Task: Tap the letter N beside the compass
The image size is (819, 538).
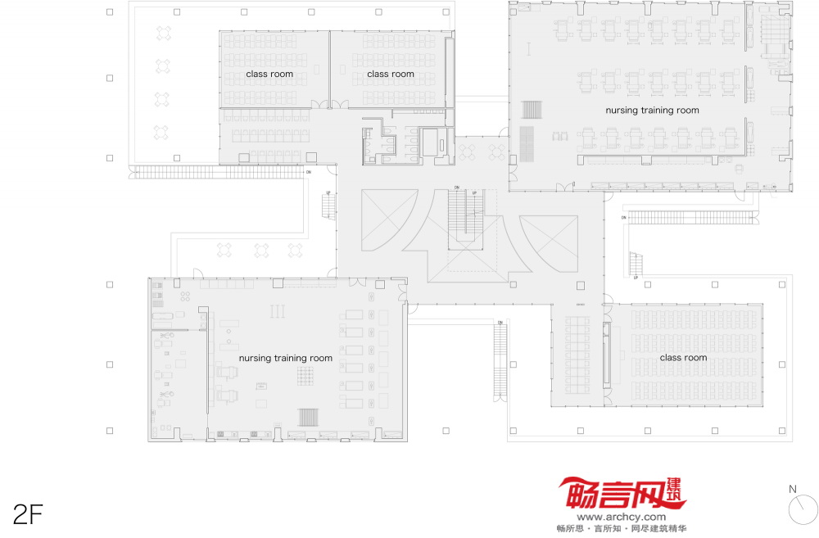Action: tap(792, 490)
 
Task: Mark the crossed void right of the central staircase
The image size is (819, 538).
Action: tap(549, 243)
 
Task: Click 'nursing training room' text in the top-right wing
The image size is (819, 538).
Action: tap(652, 110)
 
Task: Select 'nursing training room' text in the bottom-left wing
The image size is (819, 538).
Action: tap(286, 358)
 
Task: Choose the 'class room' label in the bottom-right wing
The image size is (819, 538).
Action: tap(683, 358)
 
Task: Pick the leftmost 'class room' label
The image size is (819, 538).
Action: tap(269, 75)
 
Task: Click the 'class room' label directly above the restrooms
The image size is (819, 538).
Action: tap(391, 75)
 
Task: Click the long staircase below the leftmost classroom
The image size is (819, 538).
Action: tap(217, 173)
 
